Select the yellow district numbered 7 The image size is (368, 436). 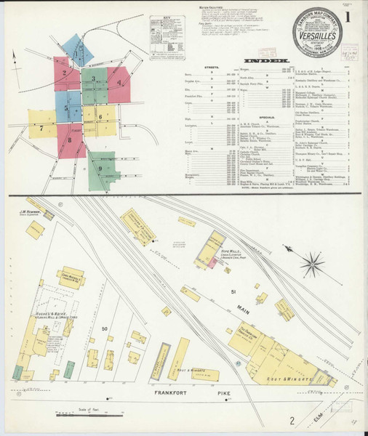point(41,125)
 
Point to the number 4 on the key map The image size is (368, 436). point(119,82)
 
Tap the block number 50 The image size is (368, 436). point(105,329)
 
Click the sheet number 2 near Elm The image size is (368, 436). point(292,420)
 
